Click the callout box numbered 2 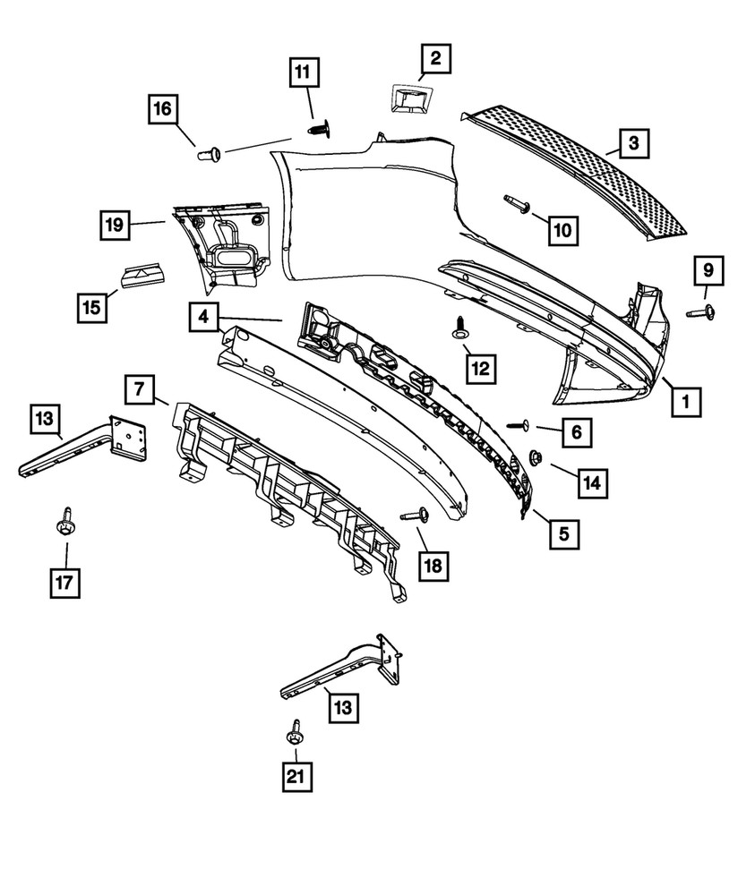point(435,60)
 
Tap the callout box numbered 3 point(633,141)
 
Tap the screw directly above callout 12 point(461,328)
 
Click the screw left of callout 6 point(518,427)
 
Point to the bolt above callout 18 point(416,515)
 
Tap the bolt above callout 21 point(295,733)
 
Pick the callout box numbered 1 point(686,403)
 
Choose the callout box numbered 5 point(563,535)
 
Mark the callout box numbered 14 point(590,483)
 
